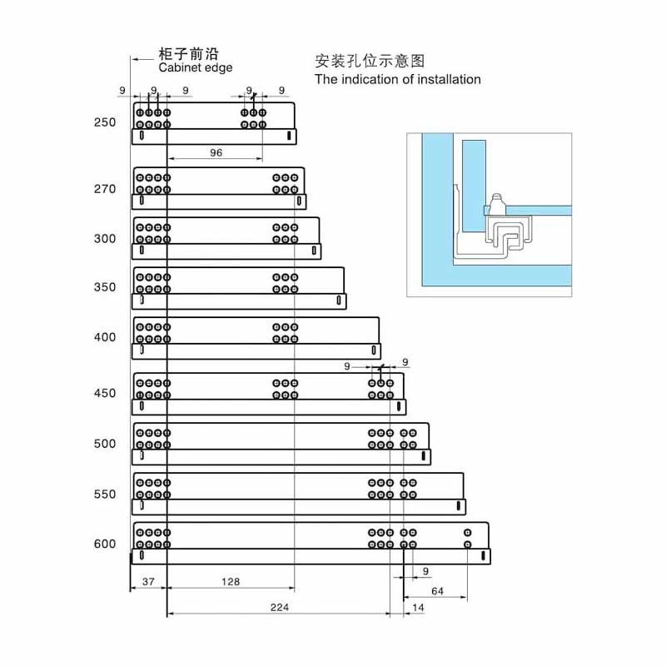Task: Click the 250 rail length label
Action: [x=105, y=122]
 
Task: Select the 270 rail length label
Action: [x=105, y=189]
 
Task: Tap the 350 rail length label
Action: [x=105, y=287]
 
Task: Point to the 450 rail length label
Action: [x=105, y=393]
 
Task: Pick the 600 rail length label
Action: [x=105, y=544]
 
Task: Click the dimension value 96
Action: [x=216, y=152]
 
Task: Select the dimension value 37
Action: [x=148, y=581]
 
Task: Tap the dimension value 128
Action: [x=231, y=581]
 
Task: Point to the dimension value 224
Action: [x=280, y=608]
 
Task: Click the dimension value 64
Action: [x=438, y=591]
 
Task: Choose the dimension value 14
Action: [x=418, y=608]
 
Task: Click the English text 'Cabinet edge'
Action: [x=196, y=68]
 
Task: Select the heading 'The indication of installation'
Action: [x=398, y=79]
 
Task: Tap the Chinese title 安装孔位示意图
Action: [x=370, y=61]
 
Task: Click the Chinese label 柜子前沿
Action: [x=188, y=54]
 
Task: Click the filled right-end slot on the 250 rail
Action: [x=289, y=136]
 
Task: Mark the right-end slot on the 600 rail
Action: [x=483, y=555]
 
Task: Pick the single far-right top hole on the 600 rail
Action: [x=468, y=533]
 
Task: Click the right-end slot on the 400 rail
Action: [x=374, y=350]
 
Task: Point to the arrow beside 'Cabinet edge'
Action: [x=142, y=59]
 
